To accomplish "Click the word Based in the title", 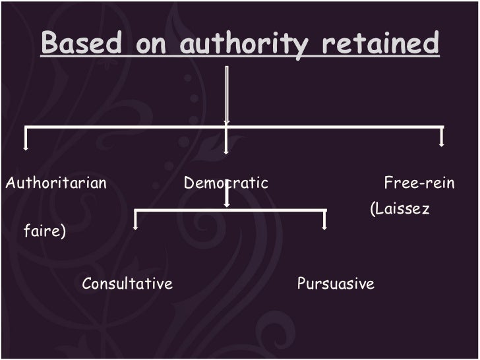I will coord(80,44).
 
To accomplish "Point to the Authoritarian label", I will coord(56,183).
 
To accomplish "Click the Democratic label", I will coord(226,183).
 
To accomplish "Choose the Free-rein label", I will coord(419,183).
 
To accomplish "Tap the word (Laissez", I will coord(400,210).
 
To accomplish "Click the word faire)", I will coord(44,232).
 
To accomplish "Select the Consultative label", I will coord(127,284).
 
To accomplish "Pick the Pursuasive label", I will coord(336,284).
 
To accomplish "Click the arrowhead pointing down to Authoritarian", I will coord(26,148).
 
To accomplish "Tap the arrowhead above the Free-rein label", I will coord(442,143).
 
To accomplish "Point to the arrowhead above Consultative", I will coord(135,226).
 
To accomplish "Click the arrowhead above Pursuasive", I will coord(324,226).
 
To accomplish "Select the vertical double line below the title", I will coord(226,92).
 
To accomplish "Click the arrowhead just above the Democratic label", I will coord(226,151).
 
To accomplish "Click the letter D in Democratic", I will coord(188,183).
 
